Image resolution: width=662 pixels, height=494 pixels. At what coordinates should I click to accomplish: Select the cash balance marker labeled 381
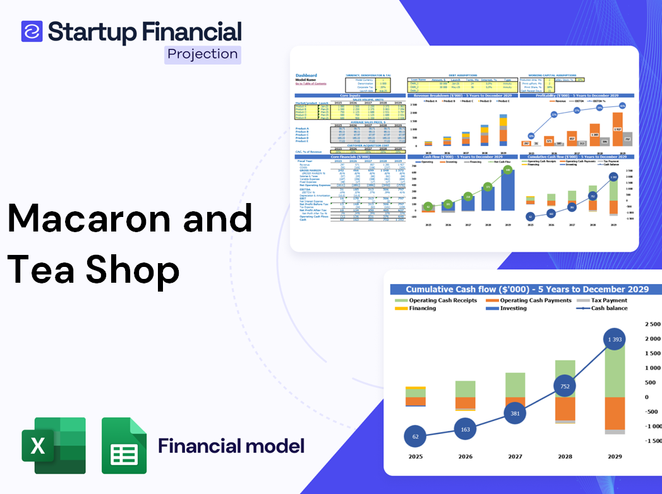pyautogui.click(x=515, y=413)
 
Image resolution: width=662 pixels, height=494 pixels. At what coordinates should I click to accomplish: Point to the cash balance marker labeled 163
pyautogui.click(x=466, y=429)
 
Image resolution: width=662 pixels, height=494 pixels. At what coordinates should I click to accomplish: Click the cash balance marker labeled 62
pyautogui.click(x=416, y=436)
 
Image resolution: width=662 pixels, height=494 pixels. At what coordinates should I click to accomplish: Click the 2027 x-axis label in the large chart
pyautogui.click(x=515, y=457)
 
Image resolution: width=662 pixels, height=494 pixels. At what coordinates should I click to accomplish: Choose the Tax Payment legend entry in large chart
pyautogui.click(x=608, y=300)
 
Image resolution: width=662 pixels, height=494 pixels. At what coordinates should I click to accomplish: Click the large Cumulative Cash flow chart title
pyautogui.click(x=527, y=289)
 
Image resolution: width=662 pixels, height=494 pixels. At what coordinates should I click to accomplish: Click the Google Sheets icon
pyautogui.click(x=124, y=445)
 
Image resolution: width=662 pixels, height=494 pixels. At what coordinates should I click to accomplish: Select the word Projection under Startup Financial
pyautogui.click(x=203, y=54)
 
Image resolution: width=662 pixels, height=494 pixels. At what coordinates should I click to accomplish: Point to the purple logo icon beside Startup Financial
pyautogui.click(x=32, y=31)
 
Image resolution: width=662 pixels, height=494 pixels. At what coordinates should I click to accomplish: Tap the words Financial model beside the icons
pyautogui.click(x=231, y=446)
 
